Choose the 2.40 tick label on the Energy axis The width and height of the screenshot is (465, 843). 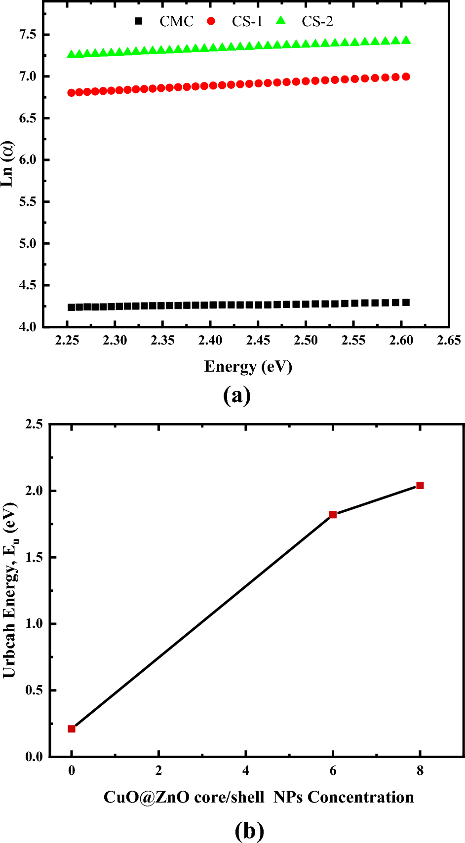tap(210, 341)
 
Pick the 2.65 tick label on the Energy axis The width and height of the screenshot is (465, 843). tap(449, 341)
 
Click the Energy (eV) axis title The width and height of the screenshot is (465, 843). tap(248, 366)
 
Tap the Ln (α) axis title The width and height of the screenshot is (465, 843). tap(8, 164)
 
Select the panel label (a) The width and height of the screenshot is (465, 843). tap(237, 395)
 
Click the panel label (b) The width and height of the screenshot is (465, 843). tap(249, 831)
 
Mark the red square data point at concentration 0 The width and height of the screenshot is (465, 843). tap(72, 729)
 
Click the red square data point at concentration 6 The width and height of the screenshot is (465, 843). tap(333, 515)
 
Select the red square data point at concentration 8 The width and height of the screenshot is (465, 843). tap(420, 486)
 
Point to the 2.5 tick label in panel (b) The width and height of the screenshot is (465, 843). tap(34, 424)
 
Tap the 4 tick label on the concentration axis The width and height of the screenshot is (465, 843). tap(246, 770)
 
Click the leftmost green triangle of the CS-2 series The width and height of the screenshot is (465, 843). tap(71, 54)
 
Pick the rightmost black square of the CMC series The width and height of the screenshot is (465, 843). tap(406, 303)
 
